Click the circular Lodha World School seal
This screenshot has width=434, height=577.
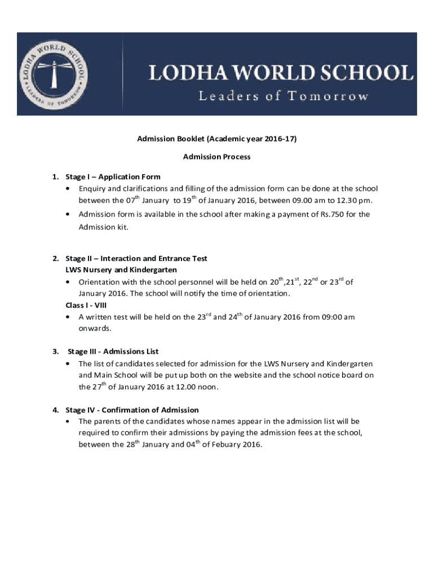pos(55,73)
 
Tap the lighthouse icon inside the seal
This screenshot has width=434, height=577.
pos(55,70)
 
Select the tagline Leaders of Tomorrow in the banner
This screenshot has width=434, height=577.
pos(283,96)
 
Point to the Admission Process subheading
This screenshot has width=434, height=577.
pos(217,157)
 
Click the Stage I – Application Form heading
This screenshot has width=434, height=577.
pos(113,176)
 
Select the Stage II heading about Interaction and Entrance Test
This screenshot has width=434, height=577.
pos(136,259)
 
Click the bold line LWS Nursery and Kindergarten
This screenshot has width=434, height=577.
pos(121,270)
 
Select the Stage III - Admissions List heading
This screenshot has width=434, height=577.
pos(113,352)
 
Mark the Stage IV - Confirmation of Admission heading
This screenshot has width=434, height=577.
pos(132,410)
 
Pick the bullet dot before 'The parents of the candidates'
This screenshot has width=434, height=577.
pos(68,421)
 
